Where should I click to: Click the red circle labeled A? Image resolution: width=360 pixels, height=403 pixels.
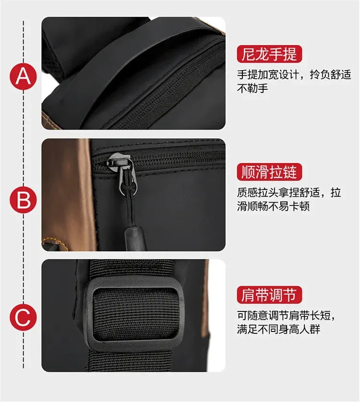(23, 76)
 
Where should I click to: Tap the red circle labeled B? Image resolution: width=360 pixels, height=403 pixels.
(23, 200)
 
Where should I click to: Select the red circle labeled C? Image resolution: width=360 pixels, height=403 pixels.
(23, 318)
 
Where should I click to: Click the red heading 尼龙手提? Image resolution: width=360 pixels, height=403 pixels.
(269, 54)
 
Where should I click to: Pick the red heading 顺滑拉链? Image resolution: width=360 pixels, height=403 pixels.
(269, 171)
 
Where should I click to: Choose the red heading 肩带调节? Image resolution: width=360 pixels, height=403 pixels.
(269, 295)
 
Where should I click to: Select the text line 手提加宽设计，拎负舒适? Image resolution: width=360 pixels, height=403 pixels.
(294, 74)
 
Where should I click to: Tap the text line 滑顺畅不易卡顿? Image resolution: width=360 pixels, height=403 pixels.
(273, 206)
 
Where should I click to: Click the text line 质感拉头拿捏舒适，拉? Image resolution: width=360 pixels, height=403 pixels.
(289, 192)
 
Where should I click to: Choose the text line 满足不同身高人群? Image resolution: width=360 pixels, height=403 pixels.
(278, 329)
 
